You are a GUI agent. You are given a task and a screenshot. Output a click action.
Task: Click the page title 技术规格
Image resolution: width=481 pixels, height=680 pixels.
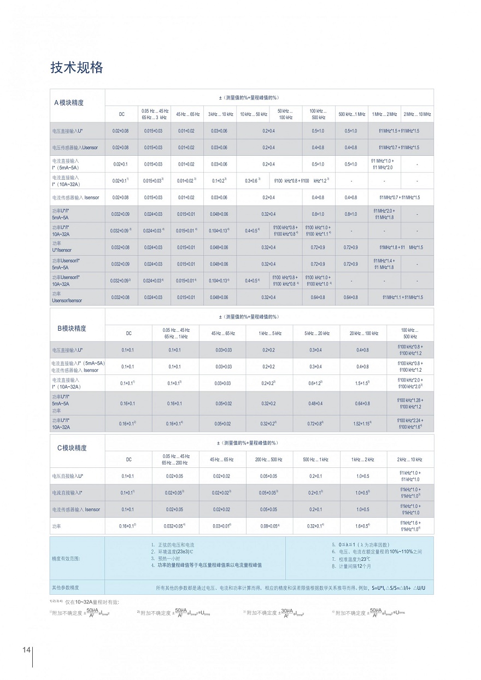77,68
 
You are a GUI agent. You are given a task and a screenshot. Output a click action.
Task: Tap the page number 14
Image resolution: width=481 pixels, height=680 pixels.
26,650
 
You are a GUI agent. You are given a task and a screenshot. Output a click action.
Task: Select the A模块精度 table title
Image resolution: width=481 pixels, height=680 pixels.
69,103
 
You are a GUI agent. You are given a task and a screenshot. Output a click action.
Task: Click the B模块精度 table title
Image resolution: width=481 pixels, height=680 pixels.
72,329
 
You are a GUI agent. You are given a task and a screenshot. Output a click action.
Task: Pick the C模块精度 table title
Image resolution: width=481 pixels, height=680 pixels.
72,448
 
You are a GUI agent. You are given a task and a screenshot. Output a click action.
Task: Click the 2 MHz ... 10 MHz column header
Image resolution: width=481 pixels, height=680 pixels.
417,114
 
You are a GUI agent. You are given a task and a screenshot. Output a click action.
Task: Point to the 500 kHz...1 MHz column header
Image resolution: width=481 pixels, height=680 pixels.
351,114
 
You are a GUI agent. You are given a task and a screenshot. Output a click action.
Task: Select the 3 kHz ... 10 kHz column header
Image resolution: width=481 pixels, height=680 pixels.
220,114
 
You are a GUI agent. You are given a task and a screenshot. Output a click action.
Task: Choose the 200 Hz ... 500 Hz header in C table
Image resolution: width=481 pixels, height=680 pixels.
268,460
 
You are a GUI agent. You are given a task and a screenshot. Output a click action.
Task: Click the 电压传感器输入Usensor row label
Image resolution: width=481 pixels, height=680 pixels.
75,148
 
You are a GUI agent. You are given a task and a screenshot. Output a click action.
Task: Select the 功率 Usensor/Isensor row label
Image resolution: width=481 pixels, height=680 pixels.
68,297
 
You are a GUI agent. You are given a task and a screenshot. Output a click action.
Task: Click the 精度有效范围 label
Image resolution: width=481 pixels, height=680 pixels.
66,559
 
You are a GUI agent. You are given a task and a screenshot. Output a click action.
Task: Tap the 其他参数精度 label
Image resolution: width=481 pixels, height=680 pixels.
65,588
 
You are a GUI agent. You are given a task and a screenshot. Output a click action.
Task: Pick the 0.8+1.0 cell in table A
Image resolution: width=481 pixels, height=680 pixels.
318,214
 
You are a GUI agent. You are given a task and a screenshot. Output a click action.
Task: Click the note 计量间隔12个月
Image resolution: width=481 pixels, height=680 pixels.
351,566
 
